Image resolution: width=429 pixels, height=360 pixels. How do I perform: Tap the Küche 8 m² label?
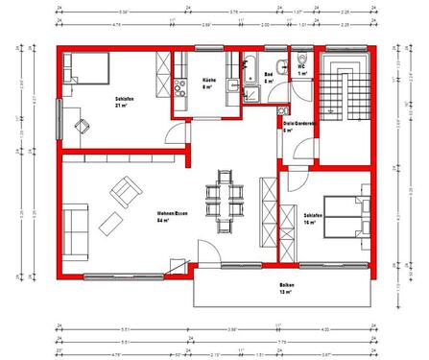click(207, 83)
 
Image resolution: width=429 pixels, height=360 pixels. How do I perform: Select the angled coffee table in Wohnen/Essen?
click(109, 227)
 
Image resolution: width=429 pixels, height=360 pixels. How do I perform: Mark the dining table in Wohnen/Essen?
click(226, 204)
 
